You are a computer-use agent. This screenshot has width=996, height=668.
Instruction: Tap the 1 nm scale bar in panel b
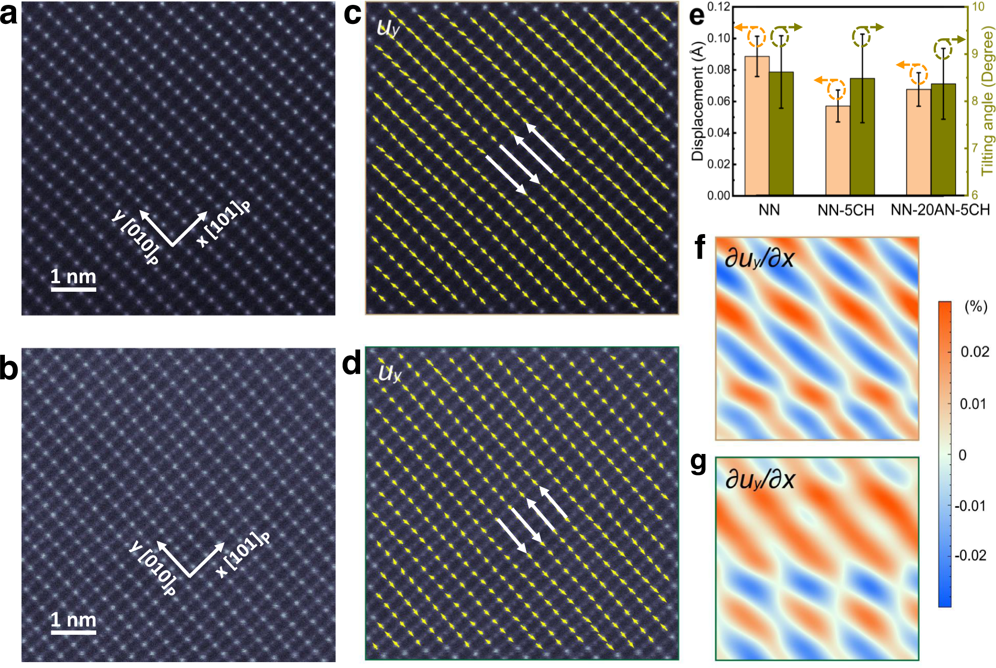73,632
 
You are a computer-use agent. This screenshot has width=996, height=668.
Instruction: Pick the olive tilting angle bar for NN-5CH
862,137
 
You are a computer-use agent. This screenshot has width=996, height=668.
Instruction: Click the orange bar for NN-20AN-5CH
918,142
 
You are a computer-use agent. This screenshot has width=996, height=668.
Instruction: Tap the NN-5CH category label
845,210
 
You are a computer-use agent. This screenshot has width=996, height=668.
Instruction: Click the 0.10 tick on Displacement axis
718,38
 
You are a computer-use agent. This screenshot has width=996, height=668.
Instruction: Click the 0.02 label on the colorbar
974,352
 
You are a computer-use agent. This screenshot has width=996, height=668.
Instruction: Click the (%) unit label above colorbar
975,306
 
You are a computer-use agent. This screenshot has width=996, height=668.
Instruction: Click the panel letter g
699,462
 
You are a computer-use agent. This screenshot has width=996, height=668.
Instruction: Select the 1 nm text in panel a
73,277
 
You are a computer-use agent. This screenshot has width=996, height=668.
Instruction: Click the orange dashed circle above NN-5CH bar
836,89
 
